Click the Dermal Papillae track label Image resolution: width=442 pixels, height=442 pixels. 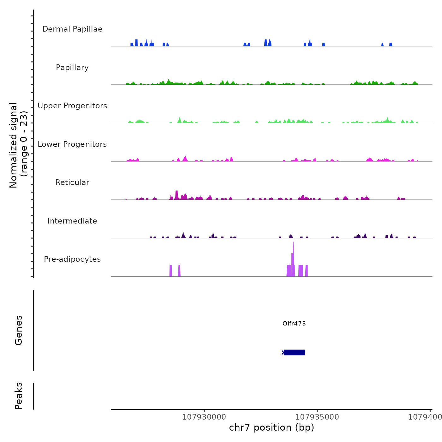pyautogui.click(x=72, y=29)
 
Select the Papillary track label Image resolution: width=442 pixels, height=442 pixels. pyautogui.click(x=72, y=68)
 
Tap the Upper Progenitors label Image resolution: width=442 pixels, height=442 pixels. pyautogui.click(x=72, y=106)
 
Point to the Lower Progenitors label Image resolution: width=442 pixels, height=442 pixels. pyautogui.click(x=72, y=144)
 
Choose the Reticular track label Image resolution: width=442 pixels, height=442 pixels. pyautogui.click(x=72, y=182)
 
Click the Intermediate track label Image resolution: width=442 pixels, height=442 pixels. pyautogui.click(x=72, y=221)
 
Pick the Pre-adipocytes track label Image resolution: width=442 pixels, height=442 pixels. pyautogui.click(x=72, y=259)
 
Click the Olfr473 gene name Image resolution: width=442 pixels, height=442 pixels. pyautogui.click(x=294, y=323)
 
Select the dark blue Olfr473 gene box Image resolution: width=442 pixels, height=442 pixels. pyautogui.click(x=294, y=352)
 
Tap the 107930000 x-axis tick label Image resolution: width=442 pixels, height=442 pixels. pyautogui.click(x=204, y=417)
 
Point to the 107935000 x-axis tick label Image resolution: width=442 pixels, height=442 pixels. pyautogui.click(x=317, y=417)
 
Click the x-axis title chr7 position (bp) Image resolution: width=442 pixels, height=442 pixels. pyautogui.click(x=272, y=427)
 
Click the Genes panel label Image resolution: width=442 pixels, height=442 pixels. pyautogui.click(x=19, y=330)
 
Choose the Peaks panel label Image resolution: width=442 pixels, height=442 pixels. pyautogui.click(x=19, y=396)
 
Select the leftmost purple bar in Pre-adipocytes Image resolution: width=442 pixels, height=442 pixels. pyautogui.click(x=171, y=271)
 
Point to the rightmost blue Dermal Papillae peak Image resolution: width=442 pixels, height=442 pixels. pyautogui.click(x=391, y=45)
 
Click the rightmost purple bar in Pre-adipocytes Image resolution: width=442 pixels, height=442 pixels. pyautogui.click(x=307, y=271)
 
